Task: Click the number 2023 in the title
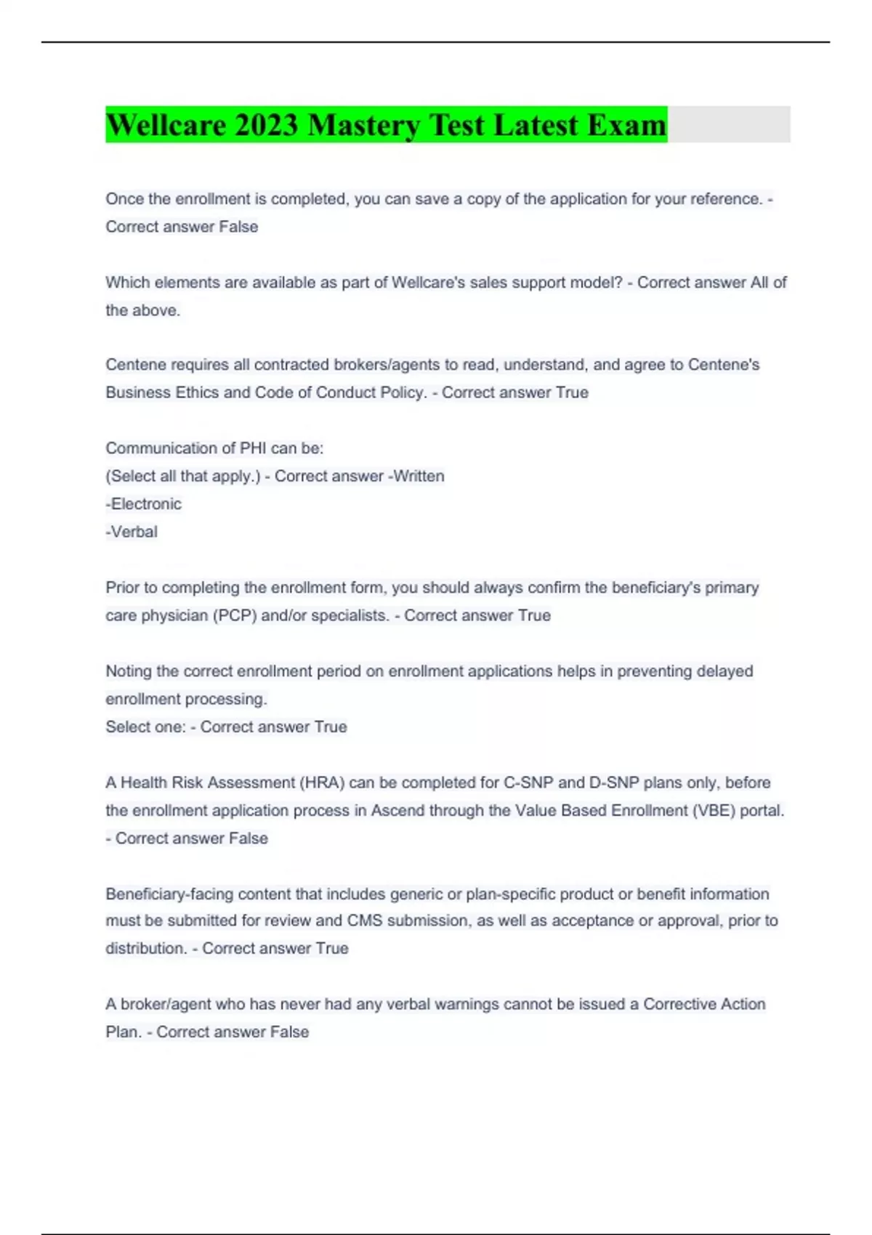pyautogui.click(x=266, y=125)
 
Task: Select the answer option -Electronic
pyautogui.click(x=144, y=504)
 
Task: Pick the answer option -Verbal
pyautogui.click(x=132, y=532)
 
